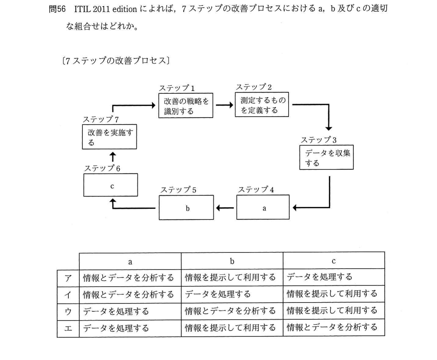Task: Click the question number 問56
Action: point(57,9)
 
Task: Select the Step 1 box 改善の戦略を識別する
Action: point(186,106)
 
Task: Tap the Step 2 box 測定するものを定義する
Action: point(262,104)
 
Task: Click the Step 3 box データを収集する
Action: point(327,157)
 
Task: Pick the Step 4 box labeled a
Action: point(263,207)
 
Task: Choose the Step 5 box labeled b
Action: point(186,207)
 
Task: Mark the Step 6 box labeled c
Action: point(111,185)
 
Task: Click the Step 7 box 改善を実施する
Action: point(110,137)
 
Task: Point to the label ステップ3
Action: point(319,140)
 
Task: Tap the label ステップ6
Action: point(102,168)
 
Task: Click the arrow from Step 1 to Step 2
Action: point(225,105)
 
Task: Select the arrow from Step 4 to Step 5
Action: point(225,208)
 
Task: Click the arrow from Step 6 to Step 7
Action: point(113,157)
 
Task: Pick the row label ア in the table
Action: point(68,278)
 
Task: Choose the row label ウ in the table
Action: point(68,312)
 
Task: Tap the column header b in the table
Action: point(232,261)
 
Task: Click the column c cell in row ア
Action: point(334,277)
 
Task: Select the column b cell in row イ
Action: point(232,294)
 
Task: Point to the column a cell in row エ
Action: point(130,328)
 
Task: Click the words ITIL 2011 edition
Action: point(106,9)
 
